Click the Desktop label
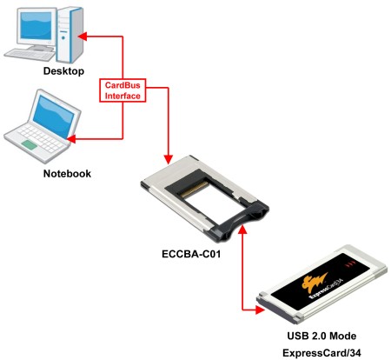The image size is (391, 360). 63,71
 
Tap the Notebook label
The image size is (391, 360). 67,174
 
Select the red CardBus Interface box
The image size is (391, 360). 123,90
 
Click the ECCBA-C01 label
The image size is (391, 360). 191,254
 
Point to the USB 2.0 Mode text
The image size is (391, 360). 321,336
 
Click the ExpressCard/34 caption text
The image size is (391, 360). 321,353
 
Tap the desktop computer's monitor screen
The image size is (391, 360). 36,26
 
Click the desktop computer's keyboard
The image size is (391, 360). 30,55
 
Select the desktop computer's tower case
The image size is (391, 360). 70,35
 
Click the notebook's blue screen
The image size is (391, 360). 55,116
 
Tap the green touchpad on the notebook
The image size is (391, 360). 29,144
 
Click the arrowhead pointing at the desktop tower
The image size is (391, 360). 83,37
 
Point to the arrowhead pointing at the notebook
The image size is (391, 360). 71,139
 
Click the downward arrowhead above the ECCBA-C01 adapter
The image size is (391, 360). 169,159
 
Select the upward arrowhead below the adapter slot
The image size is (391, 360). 242,230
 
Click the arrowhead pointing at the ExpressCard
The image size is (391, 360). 260,310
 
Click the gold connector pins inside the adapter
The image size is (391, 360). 194,190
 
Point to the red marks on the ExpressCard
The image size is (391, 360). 349,263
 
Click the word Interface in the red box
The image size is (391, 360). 123,96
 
